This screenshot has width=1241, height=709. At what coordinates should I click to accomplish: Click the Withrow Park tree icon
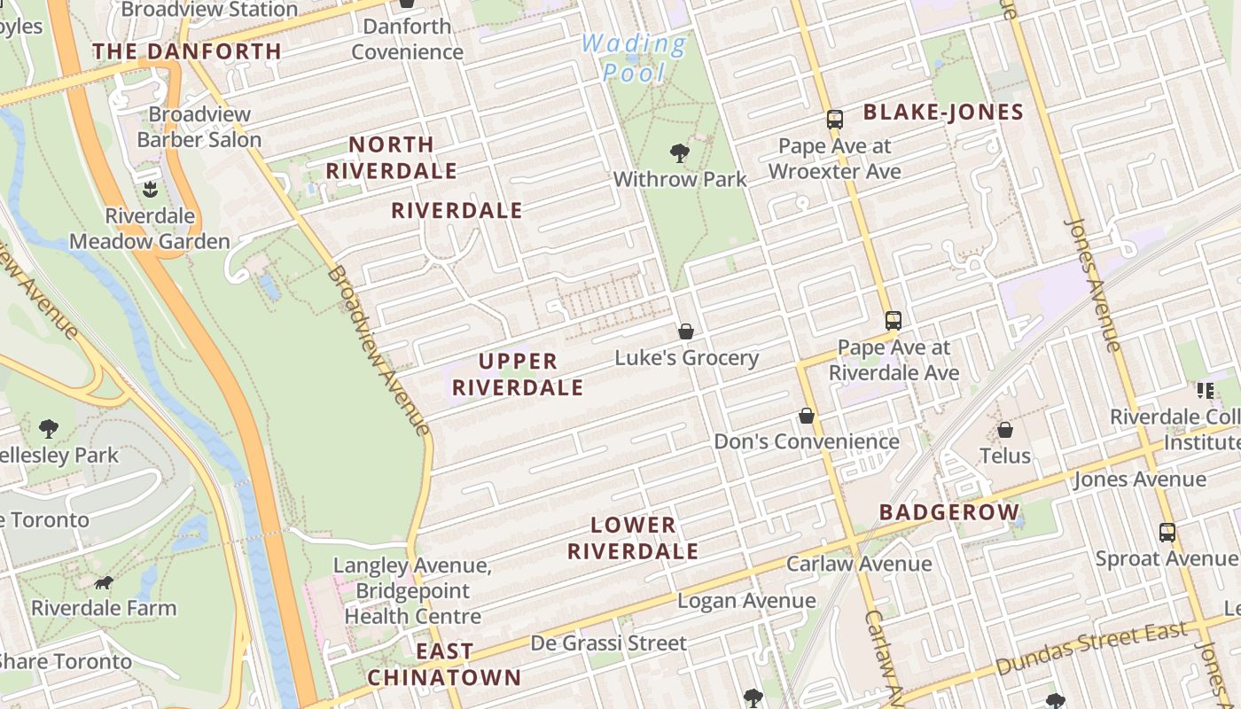pyautogui.click(x=680, y=153)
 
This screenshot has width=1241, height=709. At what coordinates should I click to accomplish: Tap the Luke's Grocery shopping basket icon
pyautogui.click(x=685, y=331)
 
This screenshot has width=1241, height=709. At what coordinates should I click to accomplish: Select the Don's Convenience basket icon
pyautogui.click(x=807, y=415)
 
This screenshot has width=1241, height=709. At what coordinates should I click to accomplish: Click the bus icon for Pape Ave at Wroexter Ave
pyautogui.click(x=834, y=120)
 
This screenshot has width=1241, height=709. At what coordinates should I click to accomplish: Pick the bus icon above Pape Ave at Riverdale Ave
pyautogui.click(x=893, y=321)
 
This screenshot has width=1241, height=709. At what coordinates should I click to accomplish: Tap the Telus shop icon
pyautogui.click(x=1005, y=430)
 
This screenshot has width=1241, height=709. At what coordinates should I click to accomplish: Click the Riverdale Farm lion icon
pyautogui.click(x=104, y=583)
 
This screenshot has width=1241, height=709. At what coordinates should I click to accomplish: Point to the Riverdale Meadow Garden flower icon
pyautogui.click(x=149, y=189)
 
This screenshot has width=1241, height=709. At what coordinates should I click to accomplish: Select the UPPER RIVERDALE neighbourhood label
pyautogui.click(x=518, y=374)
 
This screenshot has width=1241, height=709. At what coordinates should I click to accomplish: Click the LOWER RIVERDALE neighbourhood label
pyautogui.click(x=633, y=538)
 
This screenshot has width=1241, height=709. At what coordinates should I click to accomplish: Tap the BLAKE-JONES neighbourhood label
pyautogui.click(x=943, y=113)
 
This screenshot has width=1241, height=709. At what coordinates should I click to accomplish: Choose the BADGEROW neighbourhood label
pyautogui.click(x=949, y=512)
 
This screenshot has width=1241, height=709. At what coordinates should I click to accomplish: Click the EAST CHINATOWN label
pyautogui.click(x=444, y=665)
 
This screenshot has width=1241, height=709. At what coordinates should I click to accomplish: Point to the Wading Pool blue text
pyautogui.click(x=634, y=58)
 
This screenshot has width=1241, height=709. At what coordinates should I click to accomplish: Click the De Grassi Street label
pyautogui.click(x=608, y=643)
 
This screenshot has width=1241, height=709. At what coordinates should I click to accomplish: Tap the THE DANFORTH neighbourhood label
pyautogui.click(x=187, y=51)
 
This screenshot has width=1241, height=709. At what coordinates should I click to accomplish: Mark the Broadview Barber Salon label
pyautogui.click(x=199, y=127)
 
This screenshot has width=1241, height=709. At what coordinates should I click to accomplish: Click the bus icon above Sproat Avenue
pyautogui.click(x=1167, y=533)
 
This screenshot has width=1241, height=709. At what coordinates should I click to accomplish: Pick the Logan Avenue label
pyautogui.click(x=746, y=601)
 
